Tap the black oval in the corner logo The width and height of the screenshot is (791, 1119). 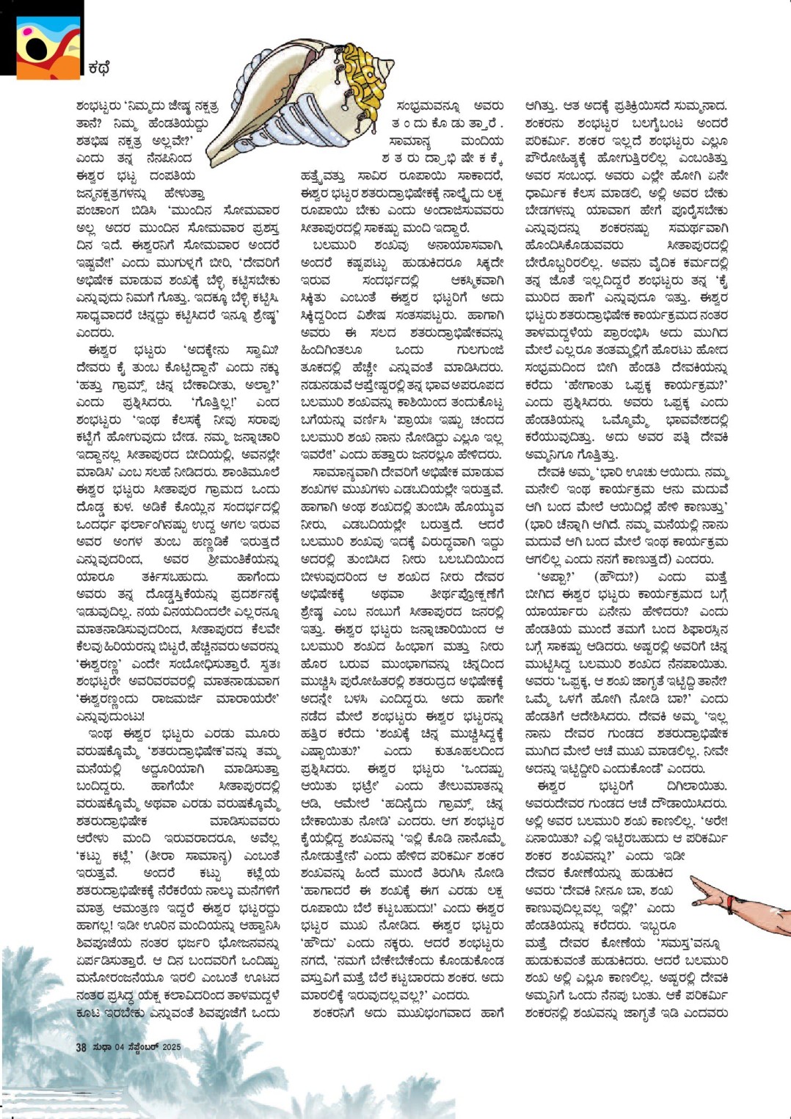click(x=37, y=49)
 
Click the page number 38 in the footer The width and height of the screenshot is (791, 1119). click(x=81, y=1047)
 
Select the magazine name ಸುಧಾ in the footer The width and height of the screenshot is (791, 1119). click(x=102, y=1047)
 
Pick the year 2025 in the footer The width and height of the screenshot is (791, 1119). click(x=171, y=1047)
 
